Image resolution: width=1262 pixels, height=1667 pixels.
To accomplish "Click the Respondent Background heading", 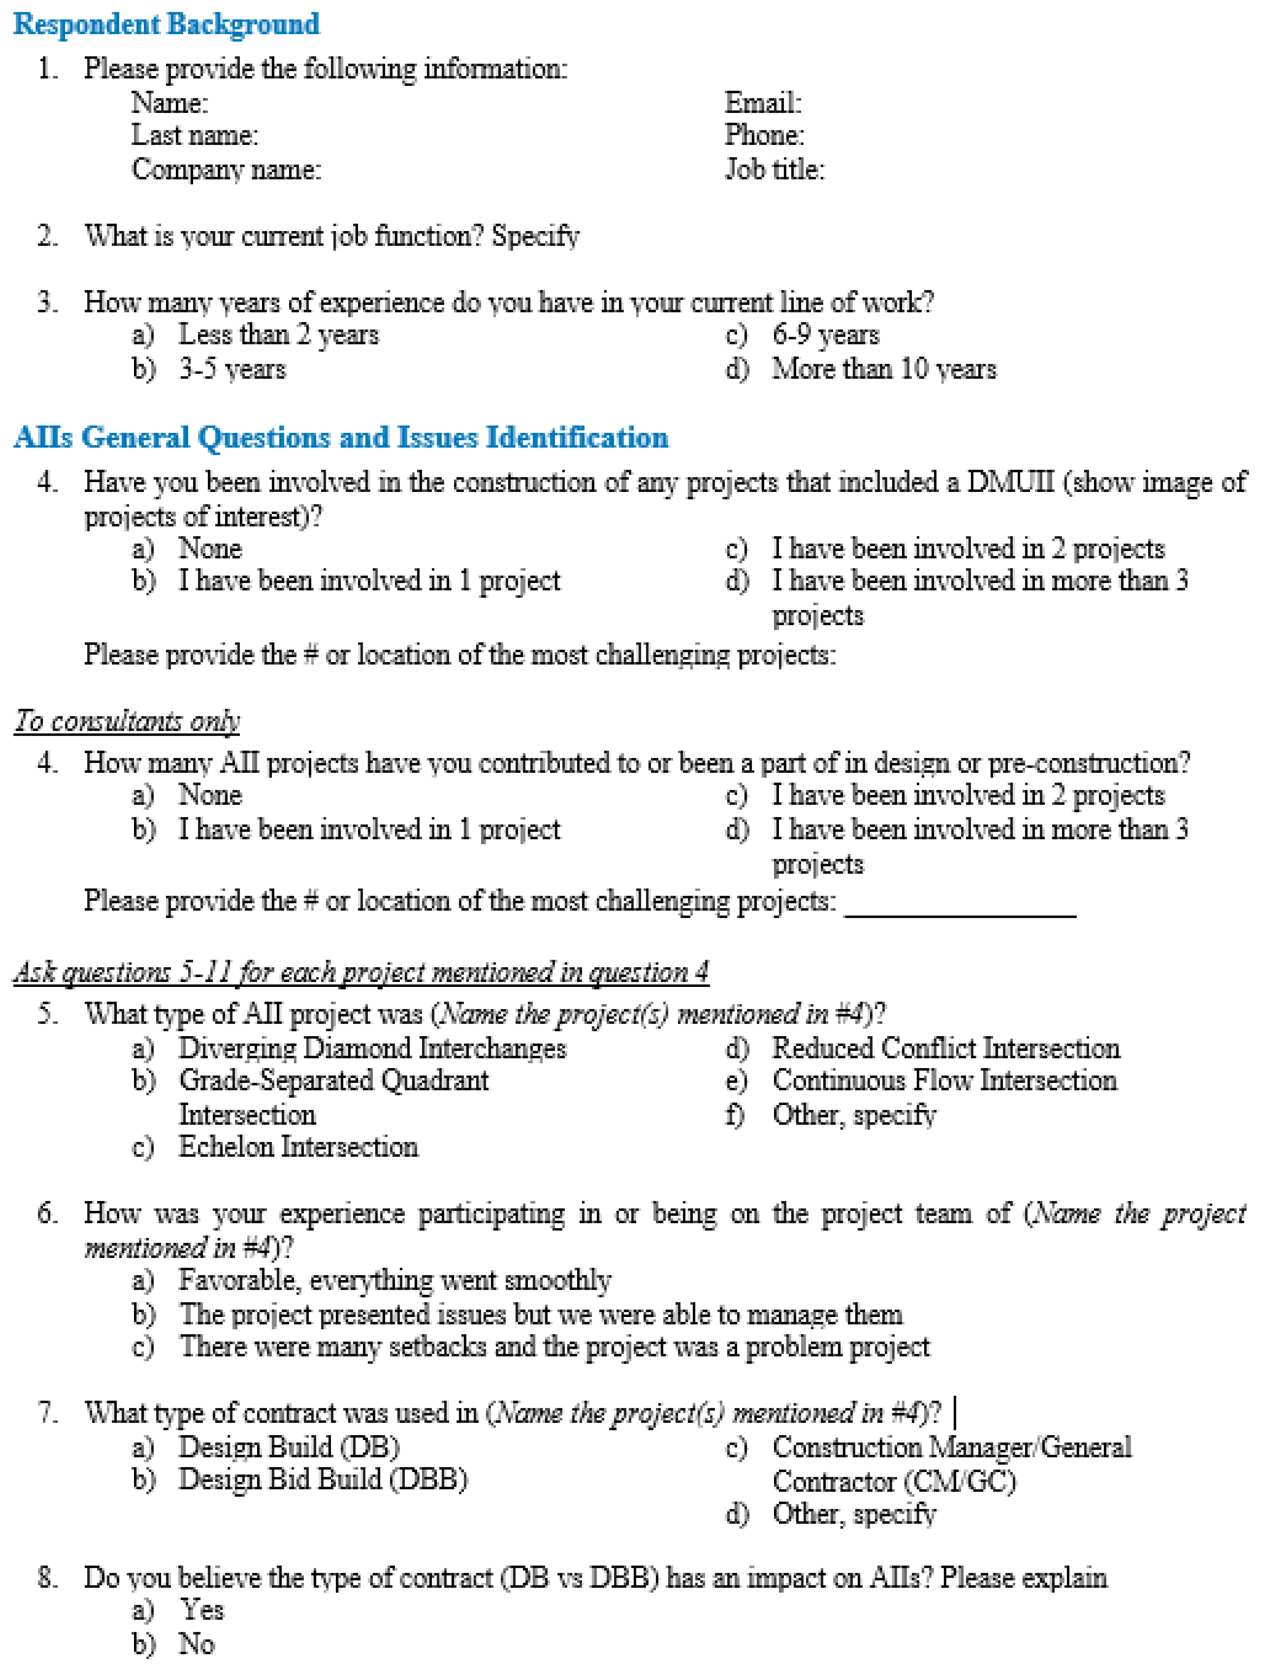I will pos(166,24).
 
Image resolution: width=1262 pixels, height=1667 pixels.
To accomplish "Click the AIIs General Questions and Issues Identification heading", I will pos(341,437).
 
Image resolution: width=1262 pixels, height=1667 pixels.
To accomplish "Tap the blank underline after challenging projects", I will pos(960,910).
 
